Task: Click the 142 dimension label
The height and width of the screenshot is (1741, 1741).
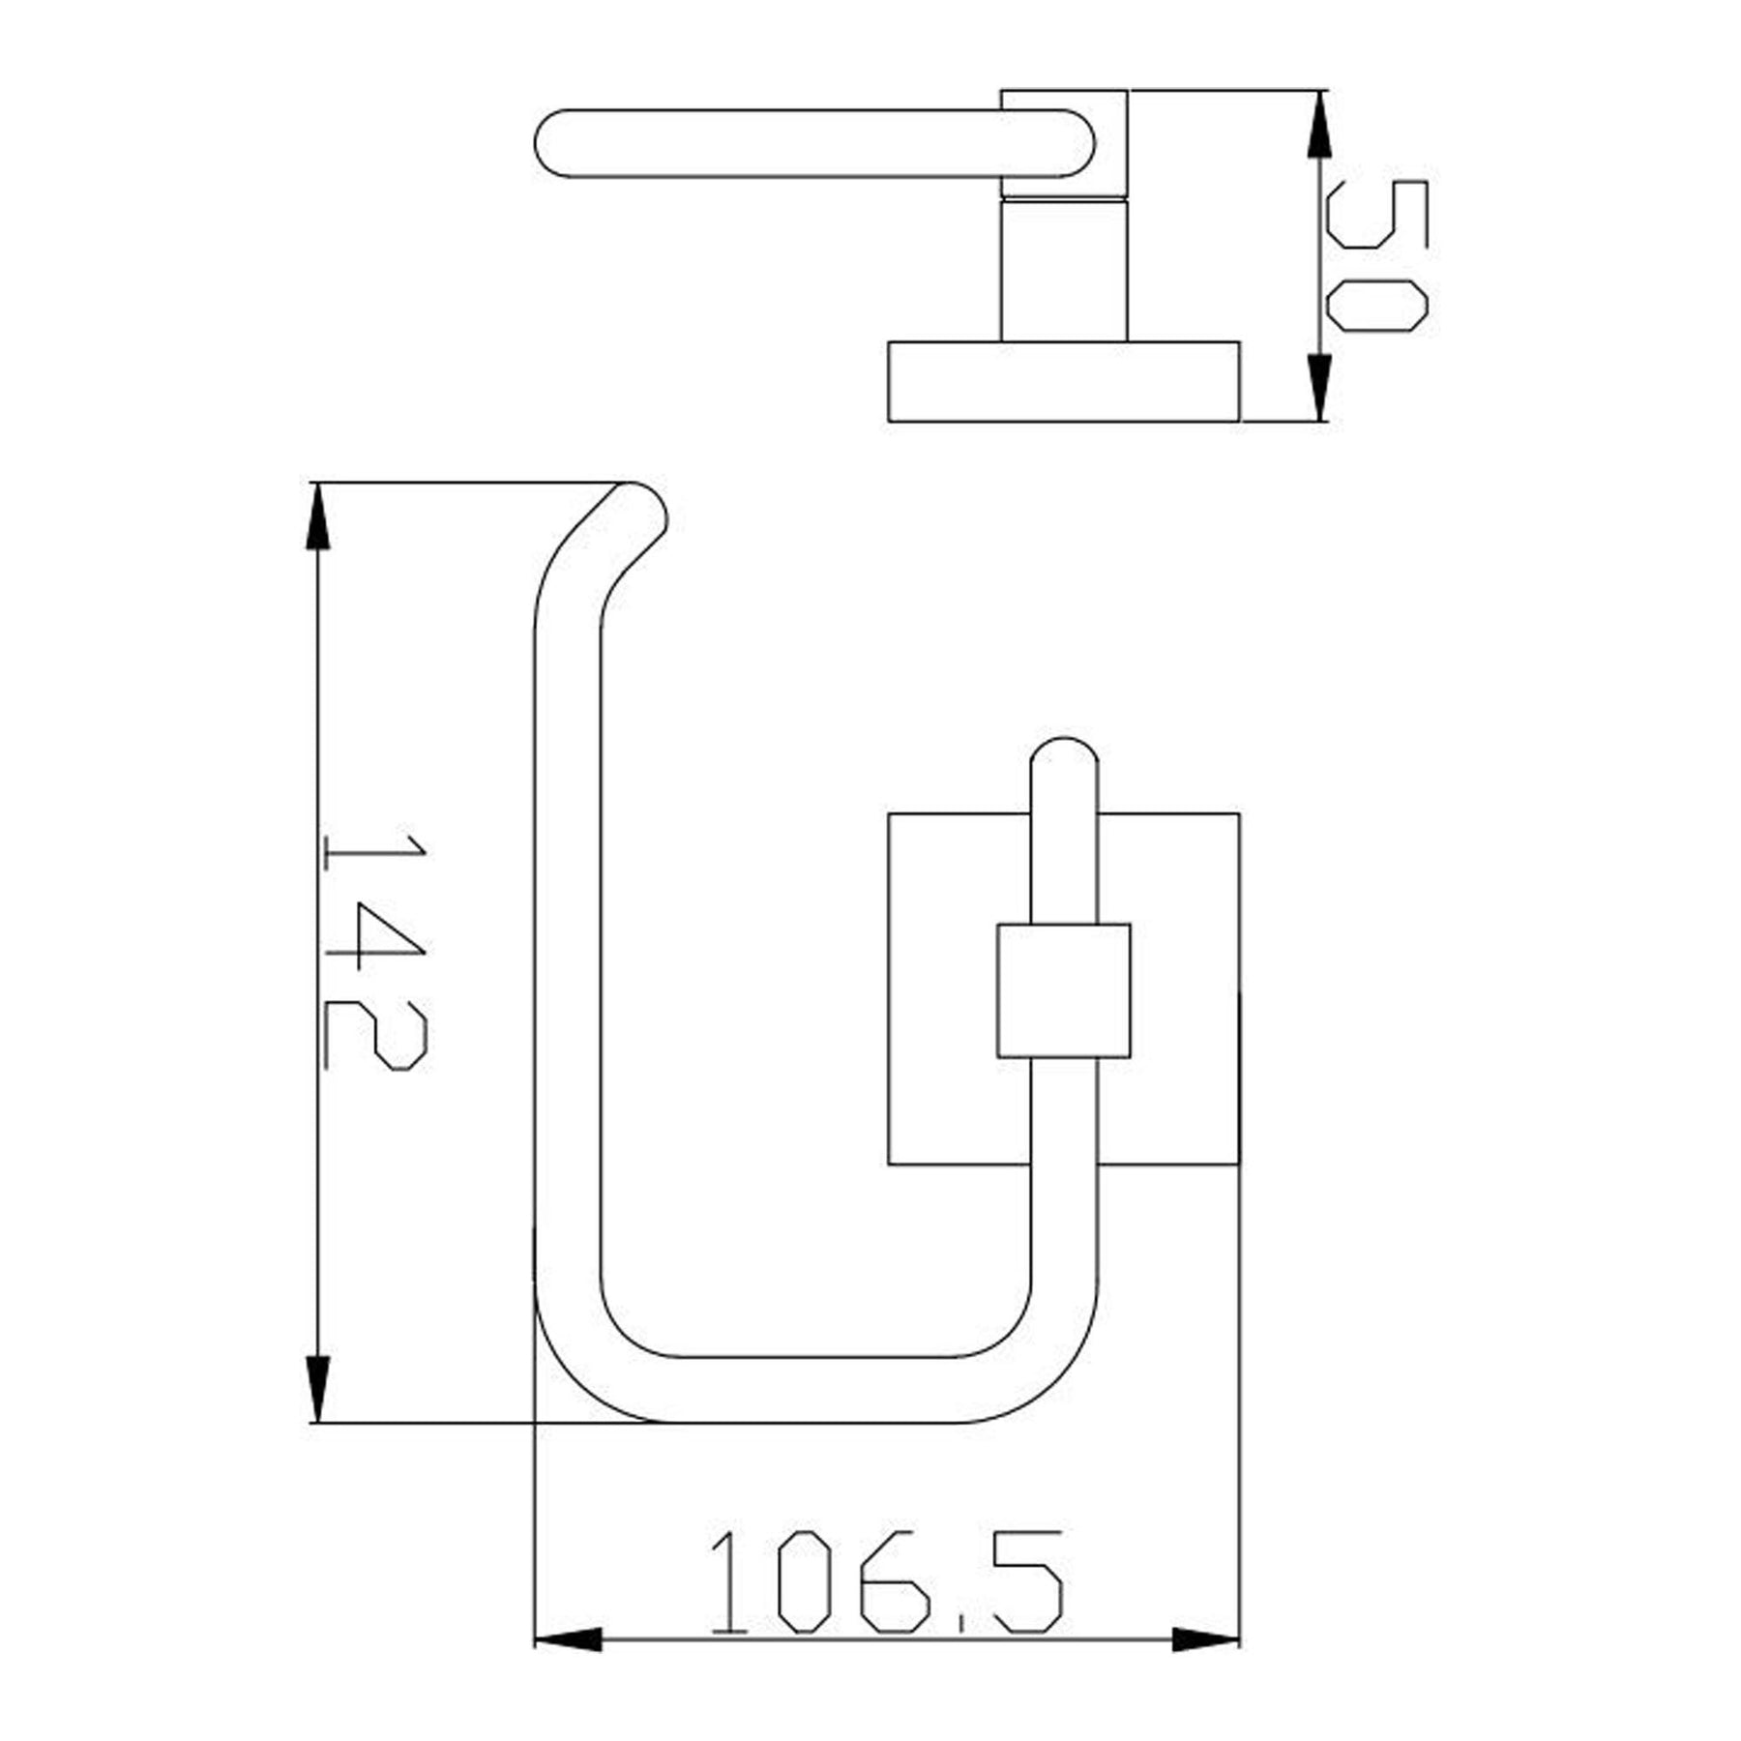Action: [x=375, y=953]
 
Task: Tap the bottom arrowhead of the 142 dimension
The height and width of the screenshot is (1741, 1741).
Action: [x=317, y=1389]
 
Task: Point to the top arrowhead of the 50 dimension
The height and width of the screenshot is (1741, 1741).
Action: [x=1318, y=125]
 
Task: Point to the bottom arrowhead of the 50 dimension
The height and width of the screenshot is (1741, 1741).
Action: [x=1318, y=388]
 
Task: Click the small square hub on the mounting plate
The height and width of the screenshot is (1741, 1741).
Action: [x=1063, y=990]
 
